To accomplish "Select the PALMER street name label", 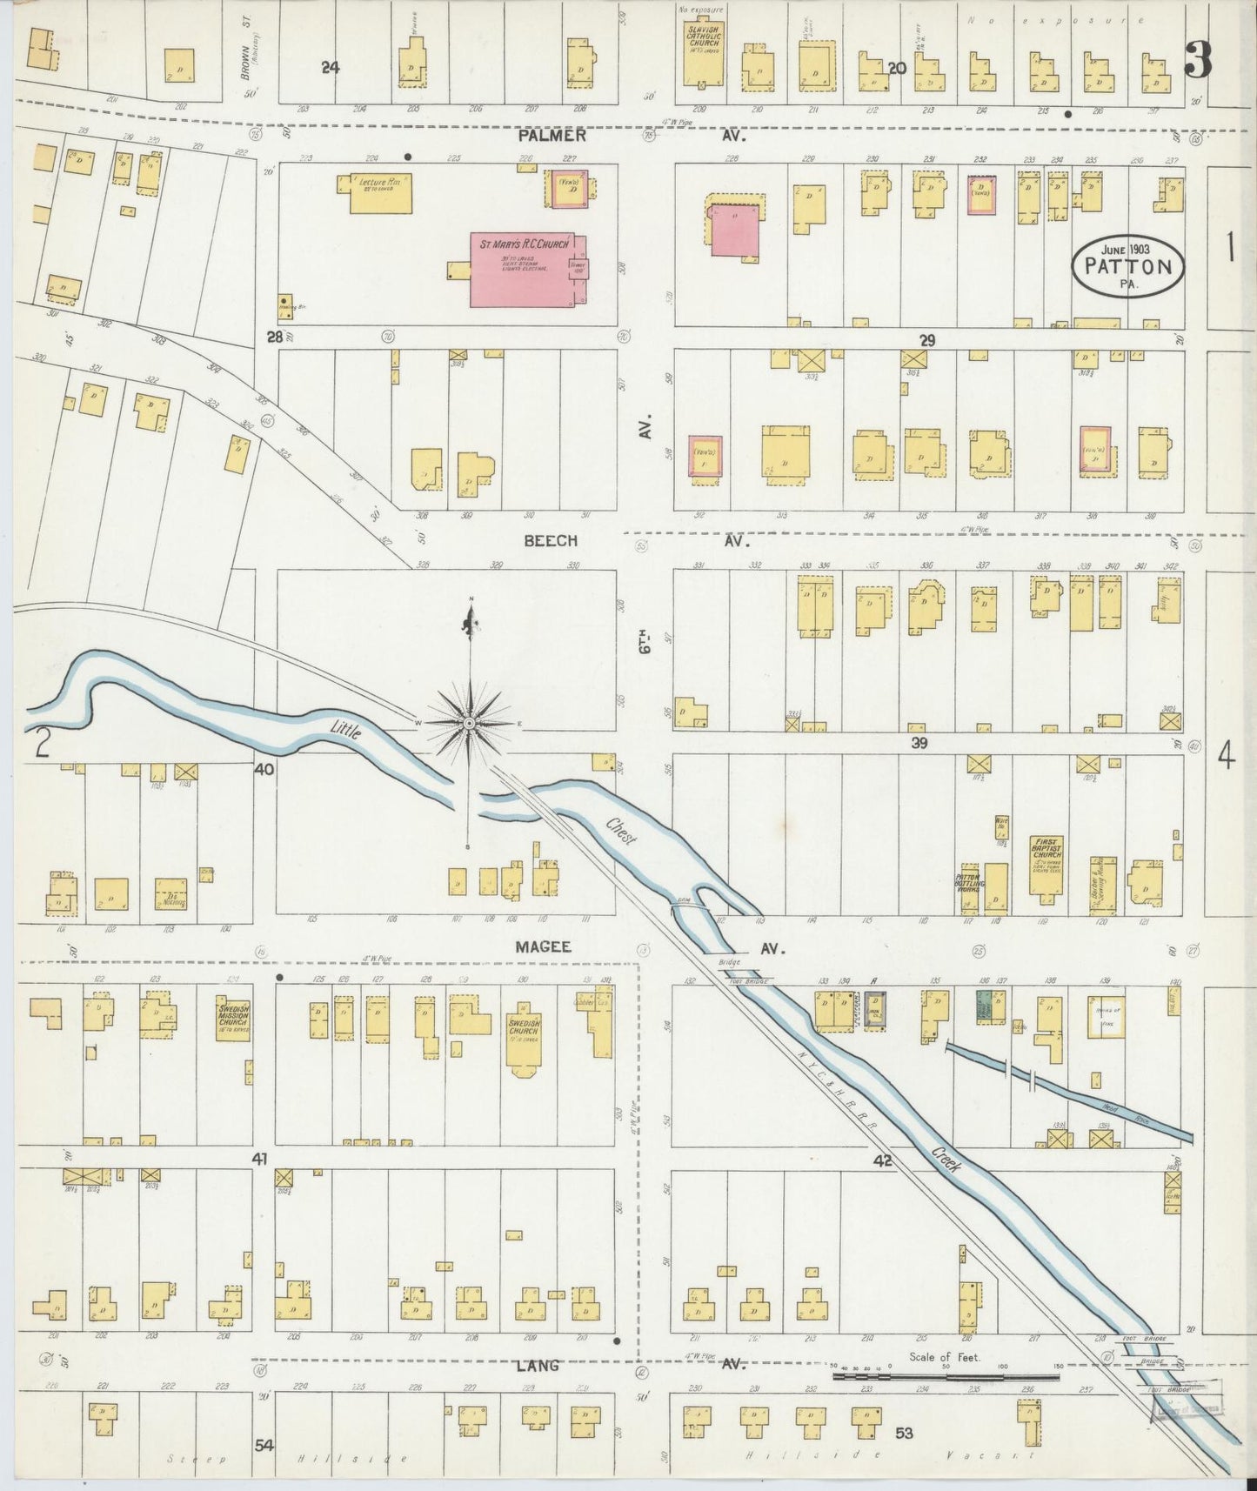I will (552, 136).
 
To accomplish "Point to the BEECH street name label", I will (551, 540).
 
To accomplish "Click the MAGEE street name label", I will (543, 947).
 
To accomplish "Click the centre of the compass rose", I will (470, 723).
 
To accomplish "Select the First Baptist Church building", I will (1047, 883).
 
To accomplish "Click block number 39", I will (919, 742).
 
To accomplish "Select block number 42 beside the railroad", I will (884, 1160).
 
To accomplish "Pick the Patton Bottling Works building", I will (970, 888).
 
